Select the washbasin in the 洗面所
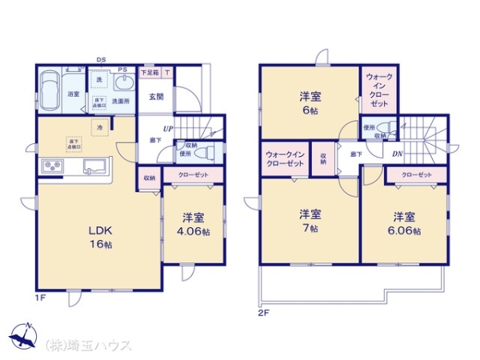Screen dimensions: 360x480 [x=122, y=82]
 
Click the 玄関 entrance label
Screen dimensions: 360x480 [x=156, y=97]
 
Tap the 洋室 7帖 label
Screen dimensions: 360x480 [x=310, y=221]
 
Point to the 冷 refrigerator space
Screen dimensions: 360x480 [x=100, y=128]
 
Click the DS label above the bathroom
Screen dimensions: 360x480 [x=101, y=60]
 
